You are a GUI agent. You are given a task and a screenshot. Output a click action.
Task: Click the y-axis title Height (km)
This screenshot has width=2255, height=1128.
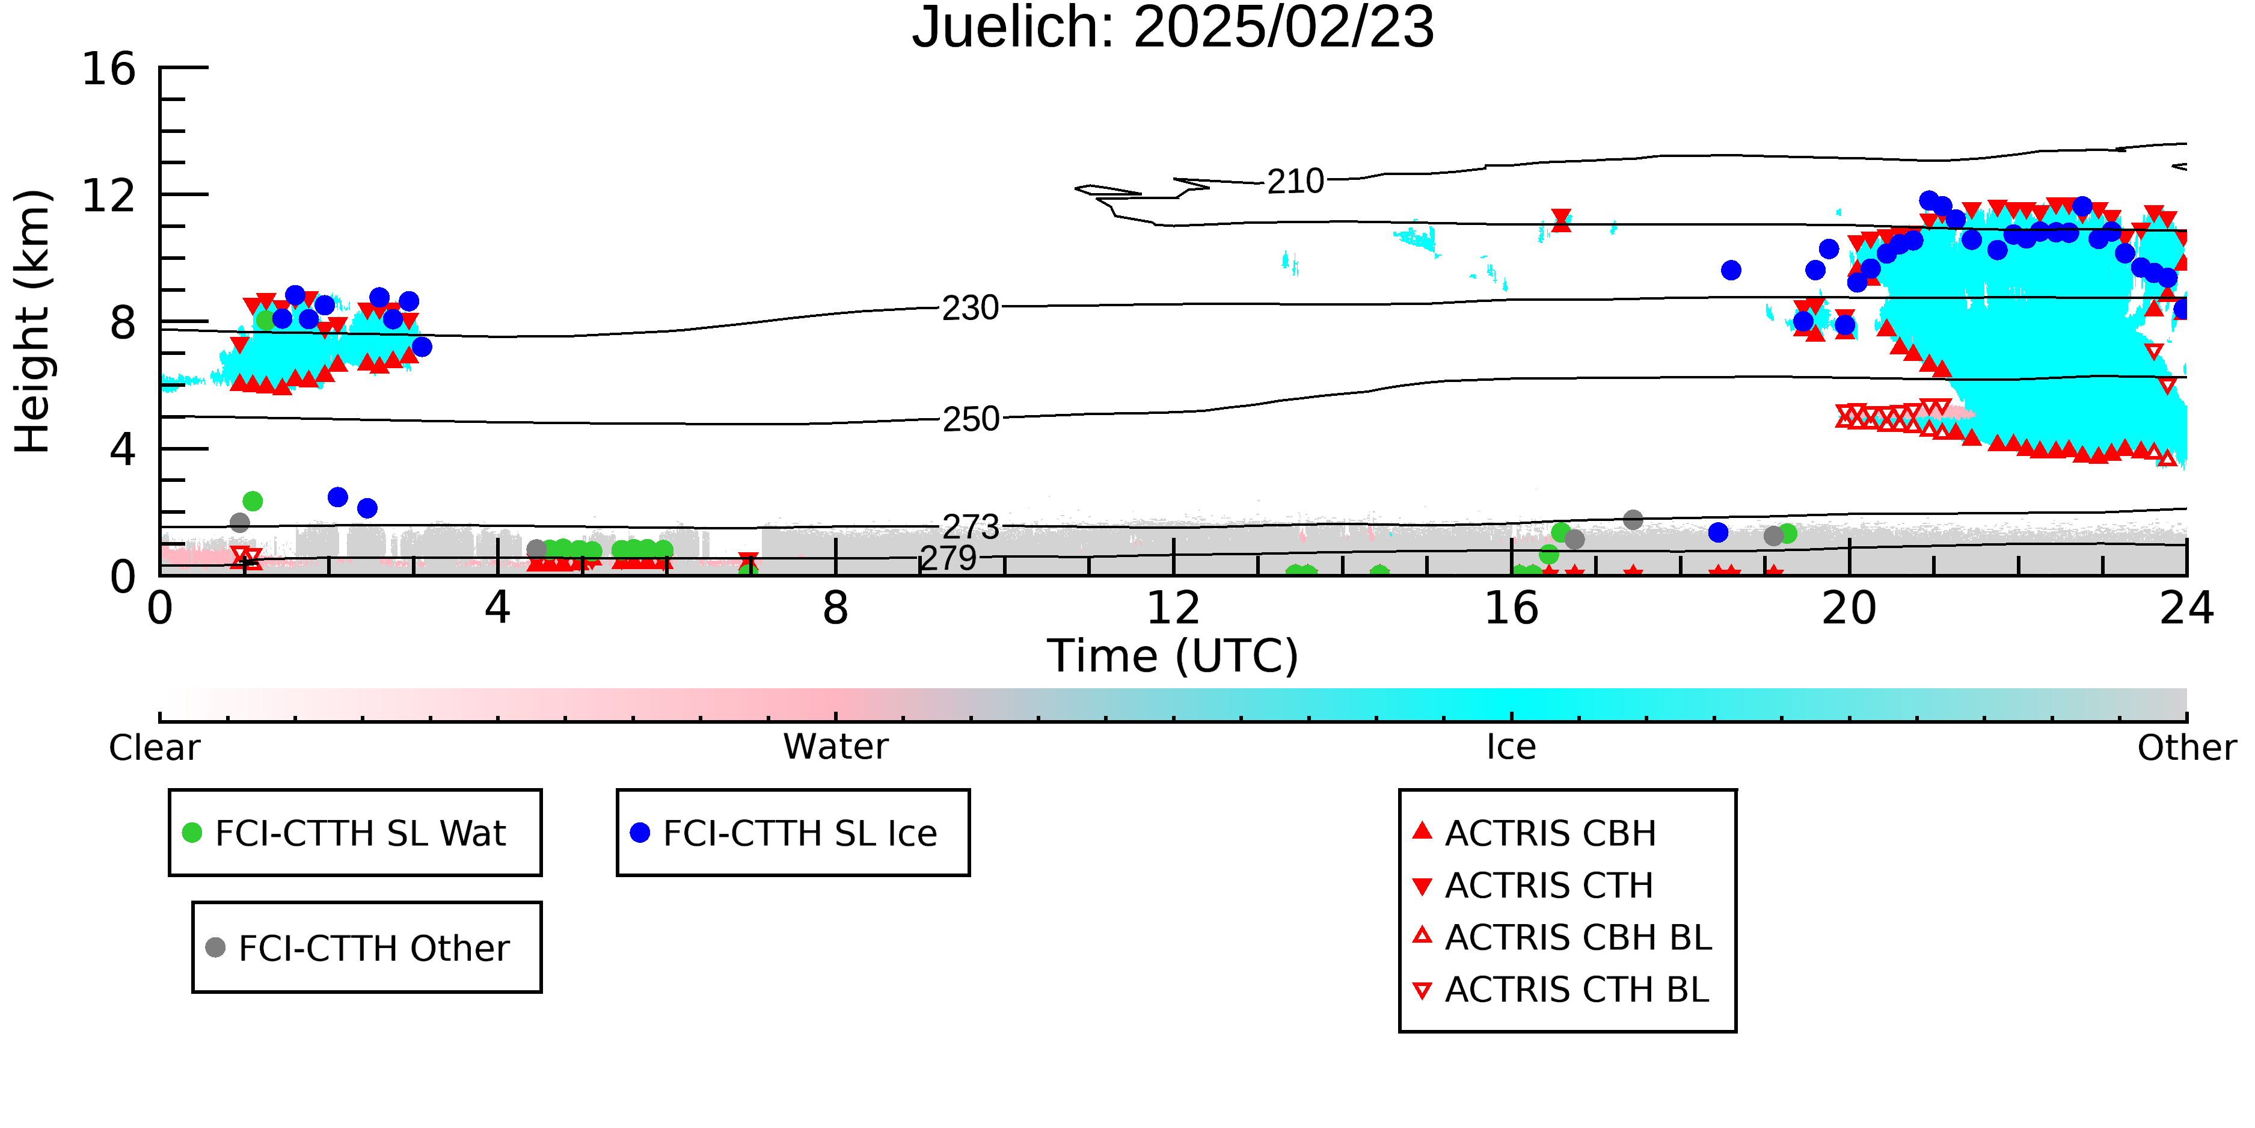[32, 321]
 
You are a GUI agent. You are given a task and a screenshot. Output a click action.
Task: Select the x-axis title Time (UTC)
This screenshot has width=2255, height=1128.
[1173, 656]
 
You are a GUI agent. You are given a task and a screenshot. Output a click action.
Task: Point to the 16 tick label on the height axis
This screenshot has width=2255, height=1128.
[109, 69]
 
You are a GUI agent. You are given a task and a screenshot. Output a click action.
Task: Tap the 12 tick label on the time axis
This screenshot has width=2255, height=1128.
[1173, 608]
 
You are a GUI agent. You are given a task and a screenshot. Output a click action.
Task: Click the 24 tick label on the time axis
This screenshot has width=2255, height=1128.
[2186, 608]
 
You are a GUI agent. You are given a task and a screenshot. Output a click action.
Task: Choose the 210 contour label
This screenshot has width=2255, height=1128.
[1296, 181]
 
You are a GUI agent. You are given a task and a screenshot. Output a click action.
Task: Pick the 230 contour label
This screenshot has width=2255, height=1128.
[970, 308]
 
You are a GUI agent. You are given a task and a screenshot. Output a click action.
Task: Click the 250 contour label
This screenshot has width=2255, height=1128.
[971, 419]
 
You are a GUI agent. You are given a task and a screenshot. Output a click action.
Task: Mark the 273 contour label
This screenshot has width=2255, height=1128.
[971, 527]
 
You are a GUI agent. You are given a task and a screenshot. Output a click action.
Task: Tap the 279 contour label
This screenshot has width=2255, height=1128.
[949, 558]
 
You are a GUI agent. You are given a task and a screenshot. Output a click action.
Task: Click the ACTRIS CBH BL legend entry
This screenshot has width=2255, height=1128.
[1563, 937]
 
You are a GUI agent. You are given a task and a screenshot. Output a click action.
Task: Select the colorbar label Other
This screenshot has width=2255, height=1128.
[2186, 748]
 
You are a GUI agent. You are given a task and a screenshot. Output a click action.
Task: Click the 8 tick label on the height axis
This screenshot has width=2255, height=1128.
[123, 322]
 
